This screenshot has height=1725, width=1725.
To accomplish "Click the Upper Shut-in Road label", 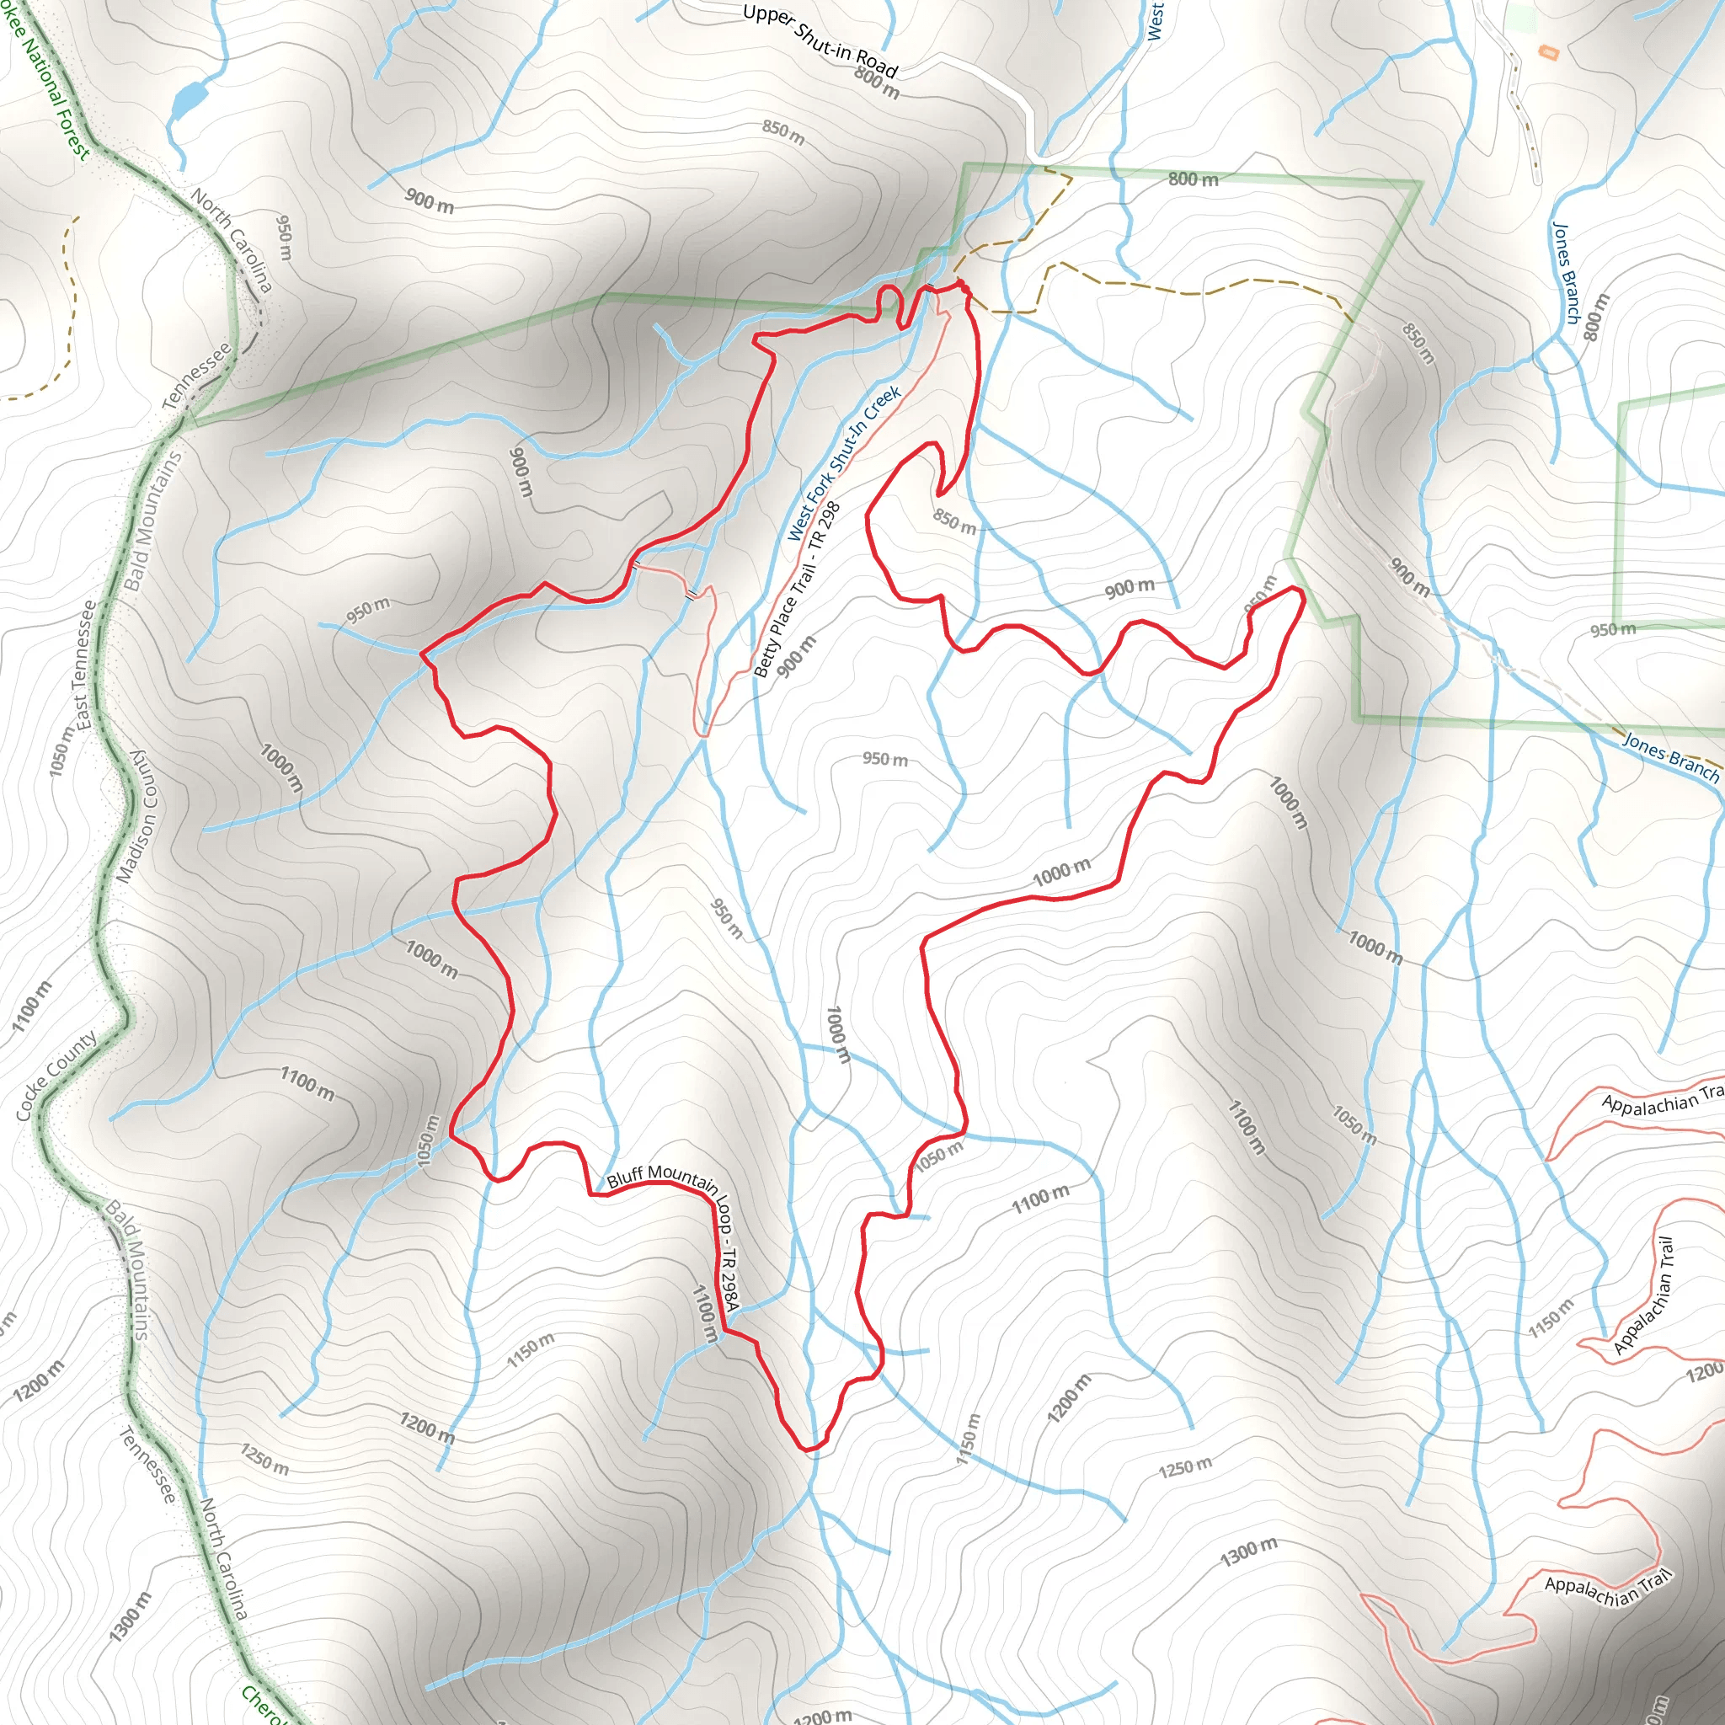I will coord(819,40).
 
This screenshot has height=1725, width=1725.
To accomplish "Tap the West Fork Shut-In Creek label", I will coord(844,463).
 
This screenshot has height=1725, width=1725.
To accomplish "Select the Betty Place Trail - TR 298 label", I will coord(798,589).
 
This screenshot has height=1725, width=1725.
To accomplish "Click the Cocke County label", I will coord(56,1076).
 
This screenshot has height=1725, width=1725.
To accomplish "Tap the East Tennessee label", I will coord(85,665).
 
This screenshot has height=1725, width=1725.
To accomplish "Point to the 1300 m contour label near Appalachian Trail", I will coord(1248,1551).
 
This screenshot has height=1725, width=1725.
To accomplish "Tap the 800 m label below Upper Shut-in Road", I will coord(877,83).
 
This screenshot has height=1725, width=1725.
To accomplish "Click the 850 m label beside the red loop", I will coord(954,521).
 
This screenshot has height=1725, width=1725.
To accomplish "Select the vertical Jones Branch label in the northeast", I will coord(1566,273).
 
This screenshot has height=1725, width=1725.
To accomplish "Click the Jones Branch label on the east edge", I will coord(1669,758).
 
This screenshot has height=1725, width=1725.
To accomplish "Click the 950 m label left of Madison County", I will coord(284,238).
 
